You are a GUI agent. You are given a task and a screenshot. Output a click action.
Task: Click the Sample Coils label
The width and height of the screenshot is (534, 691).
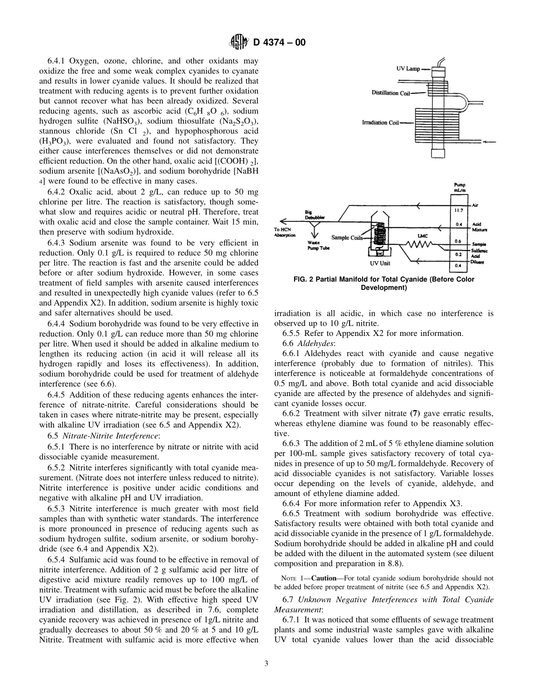pos(348,238)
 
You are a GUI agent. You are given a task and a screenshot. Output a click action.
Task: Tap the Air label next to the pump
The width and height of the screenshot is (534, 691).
pos(477,206)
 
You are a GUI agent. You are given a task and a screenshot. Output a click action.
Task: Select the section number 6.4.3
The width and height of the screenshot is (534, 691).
pos(59,243)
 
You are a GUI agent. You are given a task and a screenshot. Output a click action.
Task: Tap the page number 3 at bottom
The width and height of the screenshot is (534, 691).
pos(266,663)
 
